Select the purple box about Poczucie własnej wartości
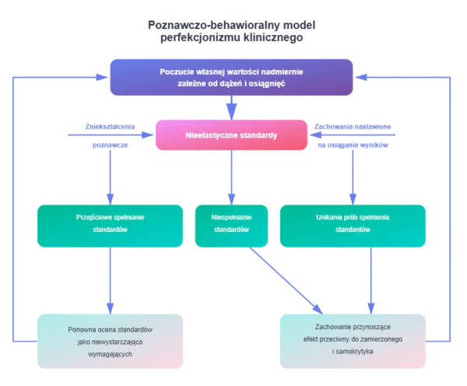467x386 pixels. click(x=231, y=77)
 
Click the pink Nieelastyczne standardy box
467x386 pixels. click(x=231, y=135)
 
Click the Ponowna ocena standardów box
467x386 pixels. click(x=110, y=341)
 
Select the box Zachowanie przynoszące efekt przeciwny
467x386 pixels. click(x=353, y=341)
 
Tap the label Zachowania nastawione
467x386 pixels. click(x=352, y=126)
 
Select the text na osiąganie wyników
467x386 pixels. click(x=351, y=146)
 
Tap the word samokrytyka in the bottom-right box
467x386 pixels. click(x=353, y=353)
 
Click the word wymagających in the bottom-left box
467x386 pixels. click(x=110, y=353)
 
